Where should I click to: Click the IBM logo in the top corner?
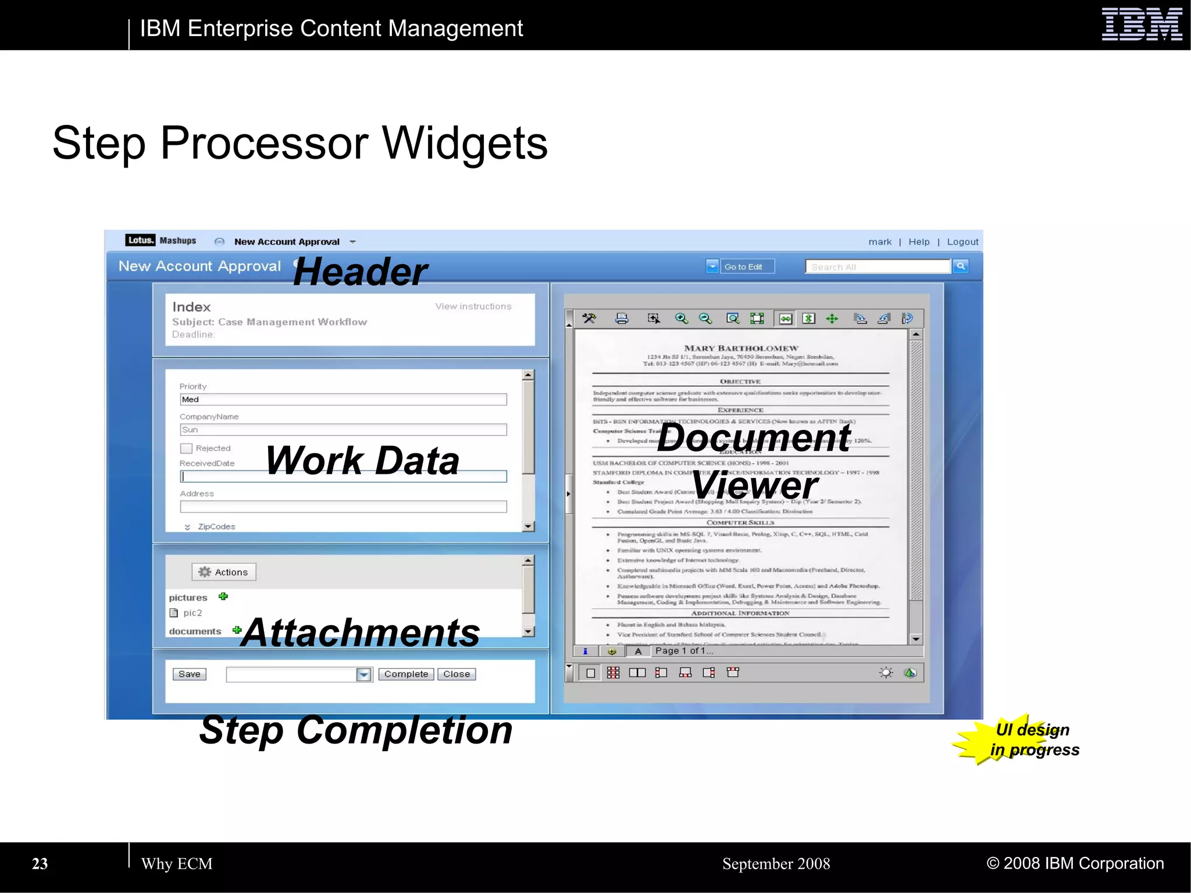pos(1142,24)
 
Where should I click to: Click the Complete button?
pos(406,674)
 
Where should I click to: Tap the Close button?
pos(457,674)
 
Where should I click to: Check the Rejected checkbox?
pos(186,448)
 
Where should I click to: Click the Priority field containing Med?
pos(343,399)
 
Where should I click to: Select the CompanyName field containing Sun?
pos(343,430)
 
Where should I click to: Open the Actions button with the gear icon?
pos(224,572)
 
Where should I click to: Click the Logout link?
pos(962,242)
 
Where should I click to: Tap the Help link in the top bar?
pos(919,242)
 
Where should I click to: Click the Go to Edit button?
pos(743,267)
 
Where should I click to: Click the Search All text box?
pos(878,267)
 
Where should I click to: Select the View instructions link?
pos(473,306)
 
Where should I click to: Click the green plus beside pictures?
pos(223,596)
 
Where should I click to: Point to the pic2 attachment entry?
pos(192,613)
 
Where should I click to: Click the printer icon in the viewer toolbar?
pos(622,319)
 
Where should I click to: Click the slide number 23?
pos(40,864)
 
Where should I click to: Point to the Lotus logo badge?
pos(140,240)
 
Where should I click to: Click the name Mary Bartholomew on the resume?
pos(741,348)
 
